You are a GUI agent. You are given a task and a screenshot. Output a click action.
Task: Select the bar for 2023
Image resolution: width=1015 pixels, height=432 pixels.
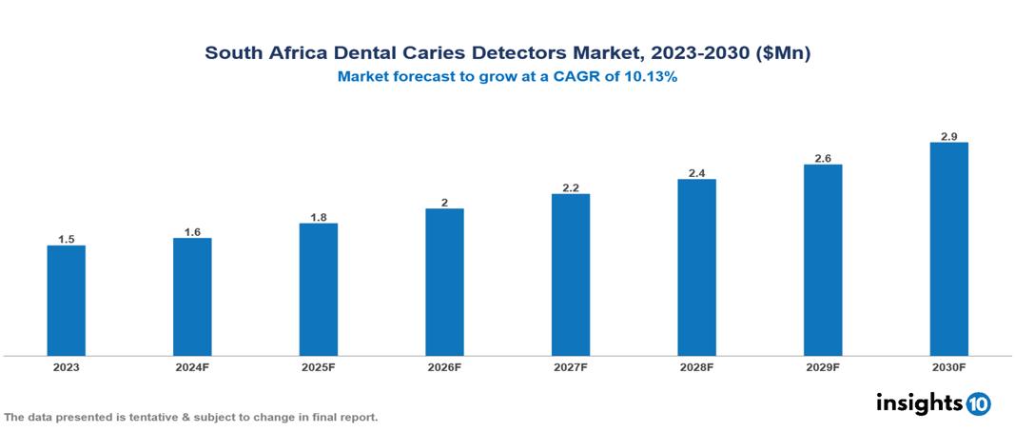point(66,301)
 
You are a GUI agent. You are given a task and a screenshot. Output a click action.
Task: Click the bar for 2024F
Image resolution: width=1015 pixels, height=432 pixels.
point(192,297)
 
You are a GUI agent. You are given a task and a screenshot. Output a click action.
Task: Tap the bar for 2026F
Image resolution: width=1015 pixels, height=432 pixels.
point(444,282)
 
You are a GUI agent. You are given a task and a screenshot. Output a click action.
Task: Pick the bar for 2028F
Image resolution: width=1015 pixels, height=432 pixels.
point(696,267)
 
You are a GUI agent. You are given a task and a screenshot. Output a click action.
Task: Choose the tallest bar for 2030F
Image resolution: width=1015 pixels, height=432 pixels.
point(948,249)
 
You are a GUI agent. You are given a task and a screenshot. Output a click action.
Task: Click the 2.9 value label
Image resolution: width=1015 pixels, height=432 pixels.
point(948,137)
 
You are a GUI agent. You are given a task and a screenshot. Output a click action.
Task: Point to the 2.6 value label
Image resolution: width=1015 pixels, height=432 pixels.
point(823,159)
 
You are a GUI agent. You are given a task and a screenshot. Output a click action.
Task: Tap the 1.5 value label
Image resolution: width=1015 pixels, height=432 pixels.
point(66,240)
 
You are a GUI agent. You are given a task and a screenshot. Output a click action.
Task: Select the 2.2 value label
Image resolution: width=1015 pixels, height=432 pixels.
point(571,188)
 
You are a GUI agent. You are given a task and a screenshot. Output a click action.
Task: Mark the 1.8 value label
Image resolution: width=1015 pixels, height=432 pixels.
point(318,218)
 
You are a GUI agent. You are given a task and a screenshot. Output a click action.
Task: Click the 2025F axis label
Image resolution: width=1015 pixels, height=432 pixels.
point(318,366)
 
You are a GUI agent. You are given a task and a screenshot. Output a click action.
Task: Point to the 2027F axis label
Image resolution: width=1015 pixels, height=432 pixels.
point(571,366)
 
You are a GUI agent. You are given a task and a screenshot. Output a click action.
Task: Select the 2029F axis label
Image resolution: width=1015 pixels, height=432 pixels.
point(823,366)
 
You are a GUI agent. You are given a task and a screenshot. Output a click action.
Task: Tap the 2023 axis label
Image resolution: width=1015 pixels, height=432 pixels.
point(66,366)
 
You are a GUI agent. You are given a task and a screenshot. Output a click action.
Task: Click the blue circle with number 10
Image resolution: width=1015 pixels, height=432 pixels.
point(978,403)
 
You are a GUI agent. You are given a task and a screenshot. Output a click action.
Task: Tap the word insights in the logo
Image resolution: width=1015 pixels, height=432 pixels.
point(919,403)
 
